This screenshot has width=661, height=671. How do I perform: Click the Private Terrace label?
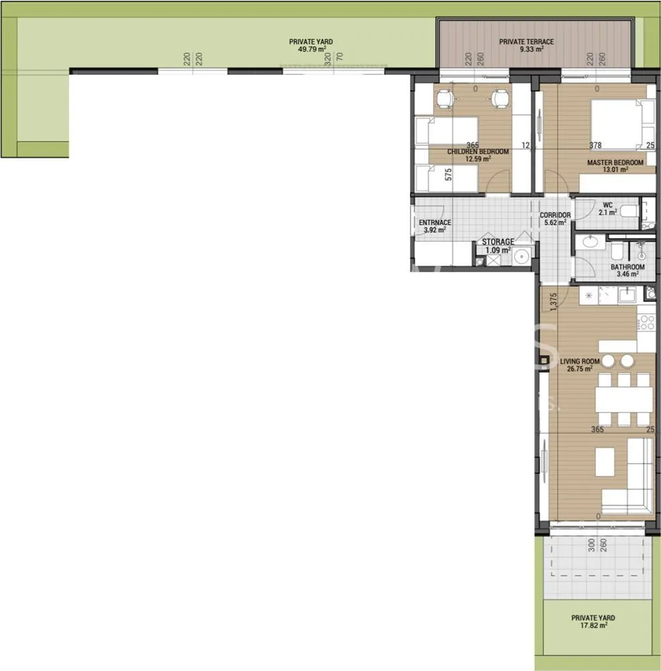(x=526, y=42)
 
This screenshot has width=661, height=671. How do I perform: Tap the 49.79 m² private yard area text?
(x=312, y=49)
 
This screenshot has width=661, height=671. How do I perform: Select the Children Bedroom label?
(x=478, y=152)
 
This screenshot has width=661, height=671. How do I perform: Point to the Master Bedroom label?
(x=615, y=162)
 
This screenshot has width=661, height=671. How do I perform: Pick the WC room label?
(x=607, y=205)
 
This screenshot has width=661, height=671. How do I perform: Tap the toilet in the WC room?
(x=629, y=211)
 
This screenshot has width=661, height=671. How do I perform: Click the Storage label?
(x=498, y=242)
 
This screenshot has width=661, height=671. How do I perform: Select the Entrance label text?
(x=435, y=223)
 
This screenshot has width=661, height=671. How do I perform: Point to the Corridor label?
(x=555, y=215)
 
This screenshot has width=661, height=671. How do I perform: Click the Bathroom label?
(x=627, y=267)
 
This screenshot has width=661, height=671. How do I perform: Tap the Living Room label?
(x=580, y=361)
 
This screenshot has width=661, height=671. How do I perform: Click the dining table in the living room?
(x=624, y=399)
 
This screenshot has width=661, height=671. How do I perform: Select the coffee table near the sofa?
(x=605, y=462)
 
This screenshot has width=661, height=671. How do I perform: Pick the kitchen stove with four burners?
(x=646, y=323)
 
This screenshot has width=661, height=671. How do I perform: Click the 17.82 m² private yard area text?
(x=593, y=625)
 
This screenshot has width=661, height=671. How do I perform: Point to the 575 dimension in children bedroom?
(x=448, y=174)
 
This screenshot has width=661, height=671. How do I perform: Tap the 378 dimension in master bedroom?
(x=595, y=146)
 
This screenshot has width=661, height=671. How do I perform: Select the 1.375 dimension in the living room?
(x=553, y=302)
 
